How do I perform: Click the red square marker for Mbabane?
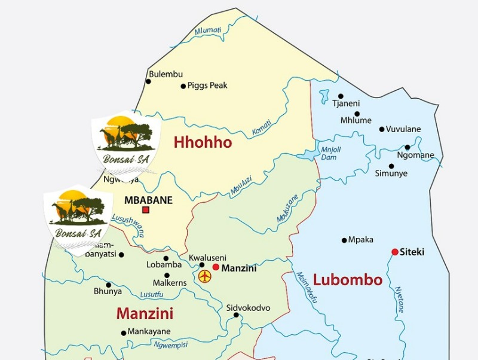(146, 210)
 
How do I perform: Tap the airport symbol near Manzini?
(205, 276)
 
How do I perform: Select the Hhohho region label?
(203, 143)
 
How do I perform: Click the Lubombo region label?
(348, 280)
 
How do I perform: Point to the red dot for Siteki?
(394, 252)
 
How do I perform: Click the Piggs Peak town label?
(207, 86)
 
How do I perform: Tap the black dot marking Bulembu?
(148, 81)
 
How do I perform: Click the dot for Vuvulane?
(382, 129)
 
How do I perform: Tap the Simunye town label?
(391, 173)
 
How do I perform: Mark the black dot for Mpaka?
(344, 240)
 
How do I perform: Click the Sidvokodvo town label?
(248, 308)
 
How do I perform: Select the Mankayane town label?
(149, 332)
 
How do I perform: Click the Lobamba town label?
(164, 265)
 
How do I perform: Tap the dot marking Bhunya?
(108, 285)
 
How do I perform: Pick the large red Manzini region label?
(145, 313)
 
